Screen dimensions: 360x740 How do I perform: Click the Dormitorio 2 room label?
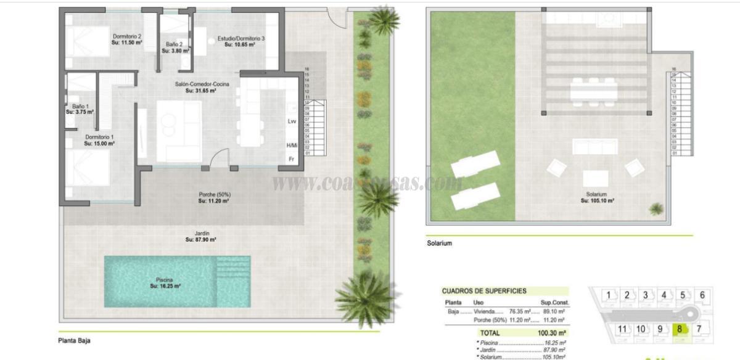127,39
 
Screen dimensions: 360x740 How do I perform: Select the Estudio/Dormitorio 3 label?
241,41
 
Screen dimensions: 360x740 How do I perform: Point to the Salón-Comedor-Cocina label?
201,87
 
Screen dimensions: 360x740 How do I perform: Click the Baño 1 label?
80,109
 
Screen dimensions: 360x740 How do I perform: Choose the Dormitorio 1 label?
99,140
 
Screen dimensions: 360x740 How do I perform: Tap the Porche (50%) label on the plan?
214,197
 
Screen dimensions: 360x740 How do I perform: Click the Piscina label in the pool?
165,283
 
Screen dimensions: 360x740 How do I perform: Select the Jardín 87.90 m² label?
201,236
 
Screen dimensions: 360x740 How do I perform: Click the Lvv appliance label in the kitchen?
292,121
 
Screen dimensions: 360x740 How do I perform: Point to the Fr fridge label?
292,159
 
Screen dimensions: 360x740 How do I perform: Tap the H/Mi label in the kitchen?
292,145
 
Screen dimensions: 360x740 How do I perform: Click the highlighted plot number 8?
680,329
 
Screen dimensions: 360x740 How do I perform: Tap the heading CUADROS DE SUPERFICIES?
484,291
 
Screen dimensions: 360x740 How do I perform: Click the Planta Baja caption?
74,340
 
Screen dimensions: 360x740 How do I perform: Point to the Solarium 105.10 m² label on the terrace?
597,197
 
